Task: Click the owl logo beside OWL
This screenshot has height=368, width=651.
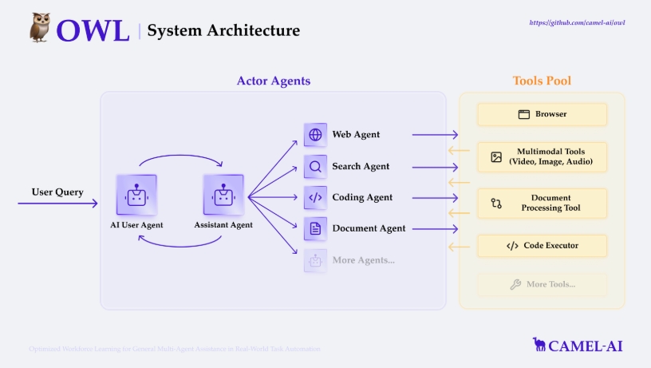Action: pos(41,27)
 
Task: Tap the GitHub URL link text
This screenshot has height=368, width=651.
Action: pos(577,23)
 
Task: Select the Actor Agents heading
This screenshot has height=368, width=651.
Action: pos(273,81)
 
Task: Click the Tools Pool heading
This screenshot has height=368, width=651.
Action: pos(542,81)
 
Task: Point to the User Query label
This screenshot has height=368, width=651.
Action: pos(57,192)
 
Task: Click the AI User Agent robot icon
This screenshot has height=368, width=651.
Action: pos(136,195)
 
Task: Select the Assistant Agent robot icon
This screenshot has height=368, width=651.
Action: pos(223,195)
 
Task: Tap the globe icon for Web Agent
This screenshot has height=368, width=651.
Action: pos(315,135)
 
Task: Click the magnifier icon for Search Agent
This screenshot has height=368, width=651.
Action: pos(315,167)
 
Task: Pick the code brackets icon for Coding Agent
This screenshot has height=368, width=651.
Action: pos(315,197)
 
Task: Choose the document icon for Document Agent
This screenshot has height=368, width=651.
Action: pos(315,228)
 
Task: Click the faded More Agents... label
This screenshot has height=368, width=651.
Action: pos(363,259)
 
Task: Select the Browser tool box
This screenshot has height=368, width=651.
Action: pos(542,114)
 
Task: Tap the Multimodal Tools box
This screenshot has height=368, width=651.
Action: pos(542,157)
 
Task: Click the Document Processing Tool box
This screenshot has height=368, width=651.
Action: pos(542,203)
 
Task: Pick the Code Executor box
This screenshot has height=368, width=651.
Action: pos(542,246)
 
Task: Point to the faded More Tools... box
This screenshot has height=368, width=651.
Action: pos(542,284)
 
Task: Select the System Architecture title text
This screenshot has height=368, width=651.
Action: pos(223,31)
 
